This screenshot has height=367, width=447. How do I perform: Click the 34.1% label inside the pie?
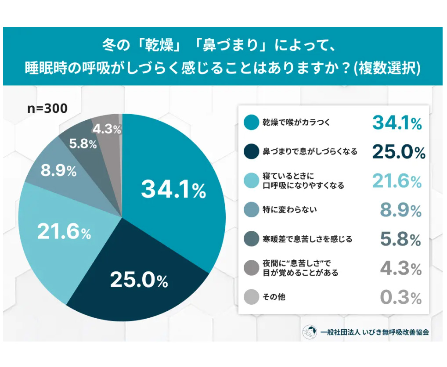pos(173,190)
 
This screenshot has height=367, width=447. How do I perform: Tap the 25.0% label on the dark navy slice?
pos(139,280)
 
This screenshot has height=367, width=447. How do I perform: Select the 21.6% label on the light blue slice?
pos(64,232)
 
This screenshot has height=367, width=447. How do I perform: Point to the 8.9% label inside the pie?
pos(58,171)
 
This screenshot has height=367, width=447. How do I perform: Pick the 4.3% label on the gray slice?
pos(107,129)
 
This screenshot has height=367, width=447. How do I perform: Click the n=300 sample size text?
pos(47,108)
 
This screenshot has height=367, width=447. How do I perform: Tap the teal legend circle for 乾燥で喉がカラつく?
pos(252,122)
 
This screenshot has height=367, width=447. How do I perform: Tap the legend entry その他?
pos(274,297)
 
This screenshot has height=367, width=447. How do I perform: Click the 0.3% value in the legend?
pos(400,298)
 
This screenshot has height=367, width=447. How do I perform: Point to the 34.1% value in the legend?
pos(397,123)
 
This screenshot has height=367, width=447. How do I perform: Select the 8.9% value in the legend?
pos(400,210)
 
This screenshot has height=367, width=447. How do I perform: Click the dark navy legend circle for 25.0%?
pos(252,152)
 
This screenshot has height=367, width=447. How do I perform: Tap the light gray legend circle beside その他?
pos(252,297)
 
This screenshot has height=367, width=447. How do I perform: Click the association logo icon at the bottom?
pos(310,332)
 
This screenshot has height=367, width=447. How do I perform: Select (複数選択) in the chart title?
pos(388,68)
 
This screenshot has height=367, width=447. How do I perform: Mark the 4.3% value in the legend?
pos(400,269)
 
